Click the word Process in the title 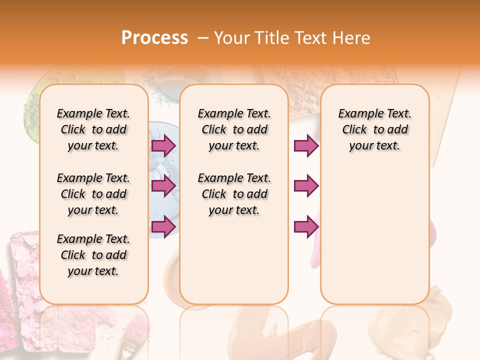[154, 37]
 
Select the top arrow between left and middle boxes [163, 145]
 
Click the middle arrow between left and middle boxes [163, 186]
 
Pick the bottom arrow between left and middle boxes [163, 226]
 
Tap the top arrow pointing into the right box [306, 145]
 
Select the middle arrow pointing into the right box [306, 186]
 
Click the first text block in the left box [93, 129]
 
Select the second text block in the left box [93, 194]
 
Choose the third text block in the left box [93, 255]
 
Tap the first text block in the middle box [234, 129]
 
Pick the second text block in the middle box [234, 194]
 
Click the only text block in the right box [374, 129]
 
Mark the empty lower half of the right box [374, 240]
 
